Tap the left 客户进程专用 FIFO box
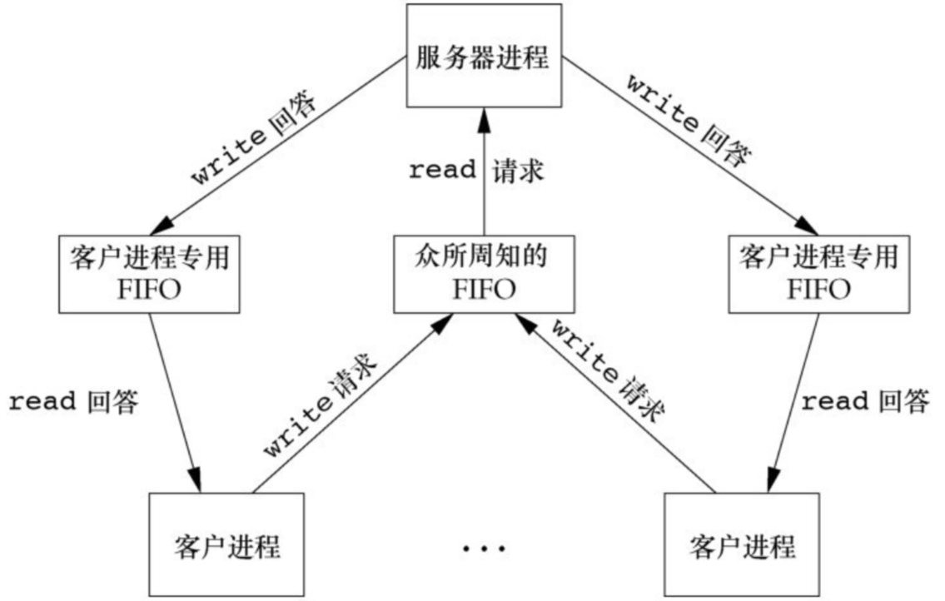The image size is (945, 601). [x=145, y=272]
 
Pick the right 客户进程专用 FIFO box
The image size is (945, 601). [x=818, y=272]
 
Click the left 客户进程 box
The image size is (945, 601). [x=226, y=544]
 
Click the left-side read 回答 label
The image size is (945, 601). [x=73, y=401]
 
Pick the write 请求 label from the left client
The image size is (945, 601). [x=321, y=405]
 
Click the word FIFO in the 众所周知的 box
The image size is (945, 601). [x=482, y=290]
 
